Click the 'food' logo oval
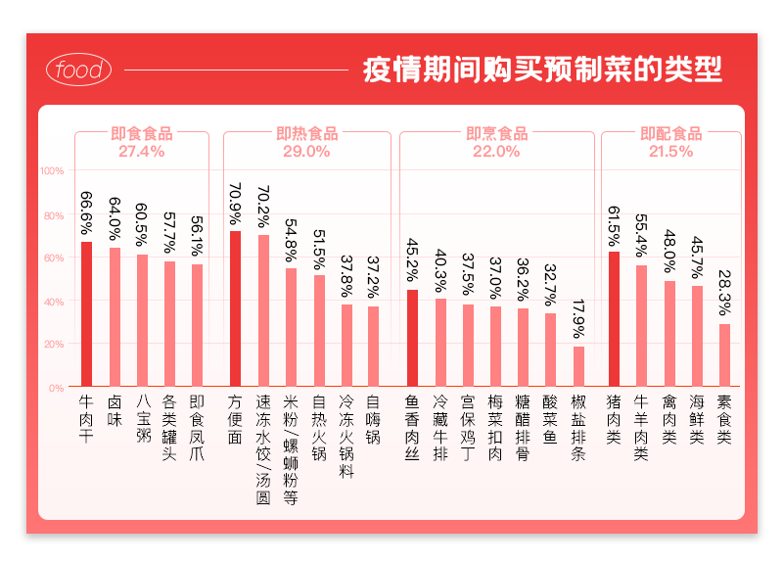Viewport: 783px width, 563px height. click(79, 70)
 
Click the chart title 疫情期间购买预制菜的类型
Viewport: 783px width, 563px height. click(542, 70)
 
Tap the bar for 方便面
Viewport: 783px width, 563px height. click(235, 308)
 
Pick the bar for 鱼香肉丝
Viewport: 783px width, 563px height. click(412, 338)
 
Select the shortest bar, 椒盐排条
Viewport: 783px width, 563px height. click(578, 366)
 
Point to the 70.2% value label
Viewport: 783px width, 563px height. click(262, 208)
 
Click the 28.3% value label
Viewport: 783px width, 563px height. click(724, 293)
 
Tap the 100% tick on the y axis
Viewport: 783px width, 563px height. click(52, 171)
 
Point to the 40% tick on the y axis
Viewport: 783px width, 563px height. click(54, 302)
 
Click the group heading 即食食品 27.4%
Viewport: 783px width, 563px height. click(142, 142)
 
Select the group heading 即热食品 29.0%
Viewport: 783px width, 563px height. click(306, 142)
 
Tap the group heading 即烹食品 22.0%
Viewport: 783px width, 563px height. click(496, 142)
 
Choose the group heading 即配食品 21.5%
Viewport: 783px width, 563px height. click(670, 142)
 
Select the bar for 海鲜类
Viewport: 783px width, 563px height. click(697, 336)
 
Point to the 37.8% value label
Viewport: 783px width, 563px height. click(346, 278)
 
